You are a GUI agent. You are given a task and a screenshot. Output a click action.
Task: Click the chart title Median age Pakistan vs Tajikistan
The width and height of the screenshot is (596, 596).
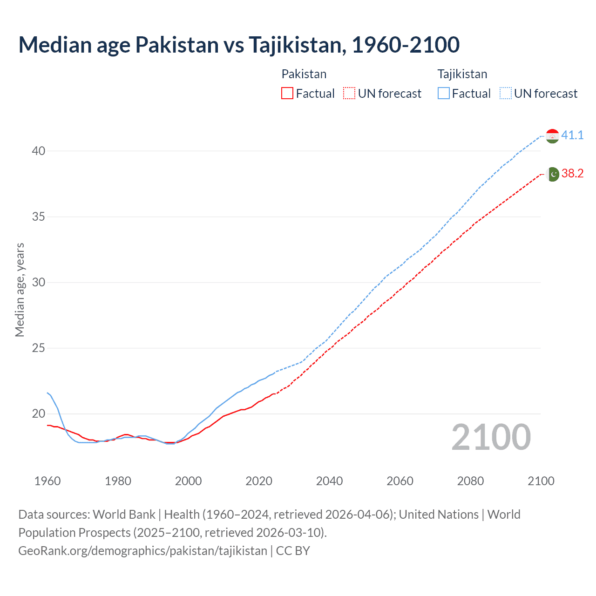click(x=239, y=45)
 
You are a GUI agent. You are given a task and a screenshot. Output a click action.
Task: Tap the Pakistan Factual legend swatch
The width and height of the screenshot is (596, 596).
click(x=287, y=94)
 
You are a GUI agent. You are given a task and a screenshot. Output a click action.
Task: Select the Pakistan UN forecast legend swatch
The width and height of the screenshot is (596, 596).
click(x=349, y=94)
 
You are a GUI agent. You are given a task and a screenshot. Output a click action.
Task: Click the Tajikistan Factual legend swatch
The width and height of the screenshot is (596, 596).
click(x=443, y=94)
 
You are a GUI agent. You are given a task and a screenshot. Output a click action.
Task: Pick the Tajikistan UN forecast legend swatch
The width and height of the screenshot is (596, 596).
click(x=505, y=94)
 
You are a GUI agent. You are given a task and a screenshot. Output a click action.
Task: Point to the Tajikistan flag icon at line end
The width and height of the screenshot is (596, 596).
click(x=552, y=135)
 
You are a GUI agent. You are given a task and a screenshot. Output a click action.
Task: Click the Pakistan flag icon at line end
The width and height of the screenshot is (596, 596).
click(x=552, y=174)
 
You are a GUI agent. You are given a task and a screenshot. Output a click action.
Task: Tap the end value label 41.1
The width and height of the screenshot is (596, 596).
click(x=572, y=135)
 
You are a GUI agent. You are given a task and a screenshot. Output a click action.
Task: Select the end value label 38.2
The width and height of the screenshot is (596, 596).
click(x=572, y=173)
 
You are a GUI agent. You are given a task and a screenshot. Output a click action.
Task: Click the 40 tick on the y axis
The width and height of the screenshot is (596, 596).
click(x=39, y=151)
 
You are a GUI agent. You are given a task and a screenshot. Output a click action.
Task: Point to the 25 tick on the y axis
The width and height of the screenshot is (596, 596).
click(x=39, y=348)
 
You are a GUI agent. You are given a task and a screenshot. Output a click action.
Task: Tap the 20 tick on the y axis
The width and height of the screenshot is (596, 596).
click(x=39, y=413)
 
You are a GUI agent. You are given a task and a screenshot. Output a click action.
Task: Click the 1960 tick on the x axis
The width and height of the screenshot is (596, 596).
click(x=47, y=481)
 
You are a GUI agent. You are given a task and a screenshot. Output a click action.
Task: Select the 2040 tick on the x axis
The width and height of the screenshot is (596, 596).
click(x=329, y=481)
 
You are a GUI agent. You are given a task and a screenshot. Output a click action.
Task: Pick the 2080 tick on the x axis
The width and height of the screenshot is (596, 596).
click(x=470, y=481)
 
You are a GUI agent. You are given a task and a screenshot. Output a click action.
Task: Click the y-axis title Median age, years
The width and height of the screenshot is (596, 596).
click(x=20, y=290)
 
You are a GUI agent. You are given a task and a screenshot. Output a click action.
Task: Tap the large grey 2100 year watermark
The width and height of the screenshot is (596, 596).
click(x=491, y=437)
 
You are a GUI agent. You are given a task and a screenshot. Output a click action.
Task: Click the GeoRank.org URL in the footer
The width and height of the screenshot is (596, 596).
click(x=142, y=550)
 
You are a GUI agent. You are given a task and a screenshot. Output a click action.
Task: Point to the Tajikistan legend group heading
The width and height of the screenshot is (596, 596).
click(x=462, y=74)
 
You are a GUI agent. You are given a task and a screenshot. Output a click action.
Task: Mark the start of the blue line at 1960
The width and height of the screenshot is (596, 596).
click(x=47, y=393)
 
